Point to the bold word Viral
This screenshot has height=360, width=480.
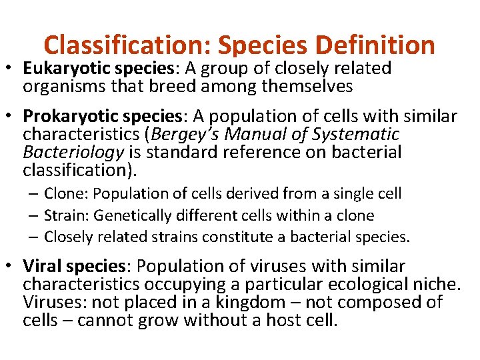(x=41, y=267)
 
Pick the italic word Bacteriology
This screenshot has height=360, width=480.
(x=73, y=152)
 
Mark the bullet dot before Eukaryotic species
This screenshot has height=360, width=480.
(x=11, y=69)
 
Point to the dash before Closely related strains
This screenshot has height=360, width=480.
(x=34, y=237)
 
